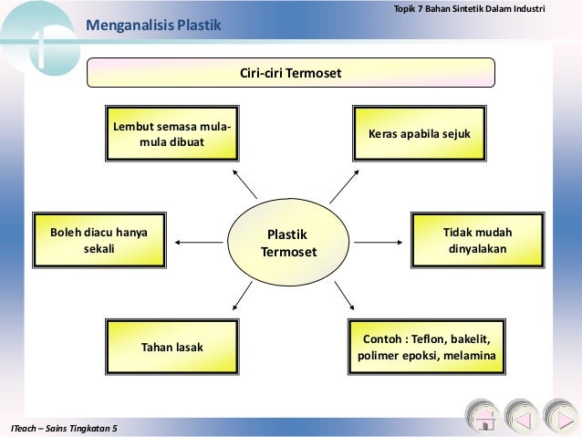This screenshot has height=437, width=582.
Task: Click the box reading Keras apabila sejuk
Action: coord(419,133)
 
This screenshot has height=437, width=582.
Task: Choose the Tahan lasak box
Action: coord(171,348)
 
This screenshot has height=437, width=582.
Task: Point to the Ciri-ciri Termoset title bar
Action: coord(290,72)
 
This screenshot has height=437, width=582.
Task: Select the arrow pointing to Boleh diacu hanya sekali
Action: coord(193,242)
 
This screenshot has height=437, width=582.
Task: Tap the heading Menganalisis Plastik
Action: coord(153,24)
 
